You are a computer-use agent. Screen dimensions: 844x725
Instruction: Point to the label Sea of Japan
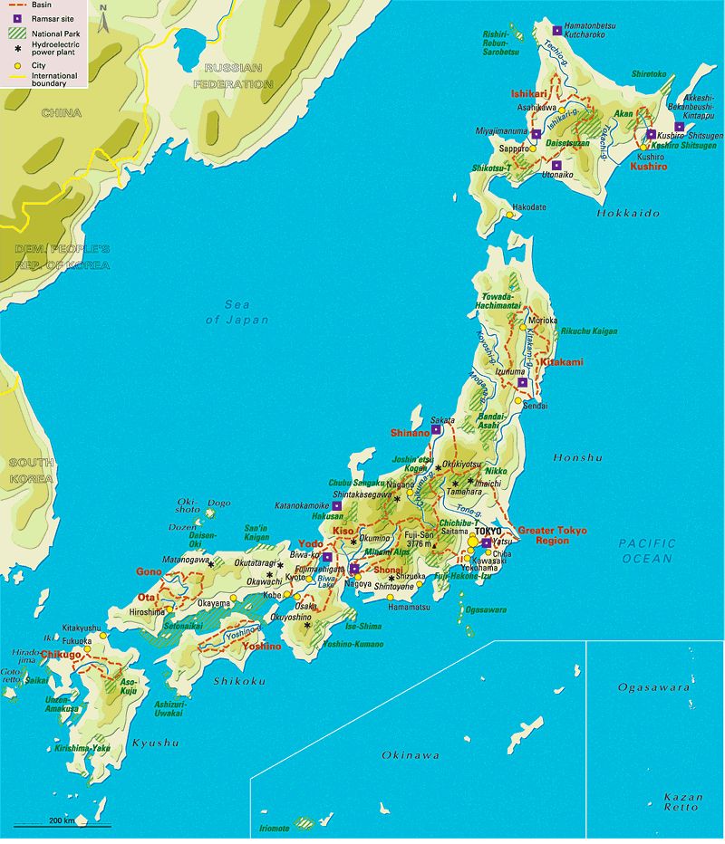237,312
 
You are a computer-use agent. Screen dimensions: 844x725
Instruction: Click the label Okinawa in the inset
410,754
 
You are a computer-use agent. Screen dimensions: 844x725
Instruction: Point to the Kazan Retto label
681,801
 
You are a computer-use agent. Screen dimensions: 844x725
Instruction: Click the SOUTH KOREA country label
31,469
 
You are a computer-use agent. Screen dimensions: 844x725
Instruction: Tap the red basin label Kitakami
561,362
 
